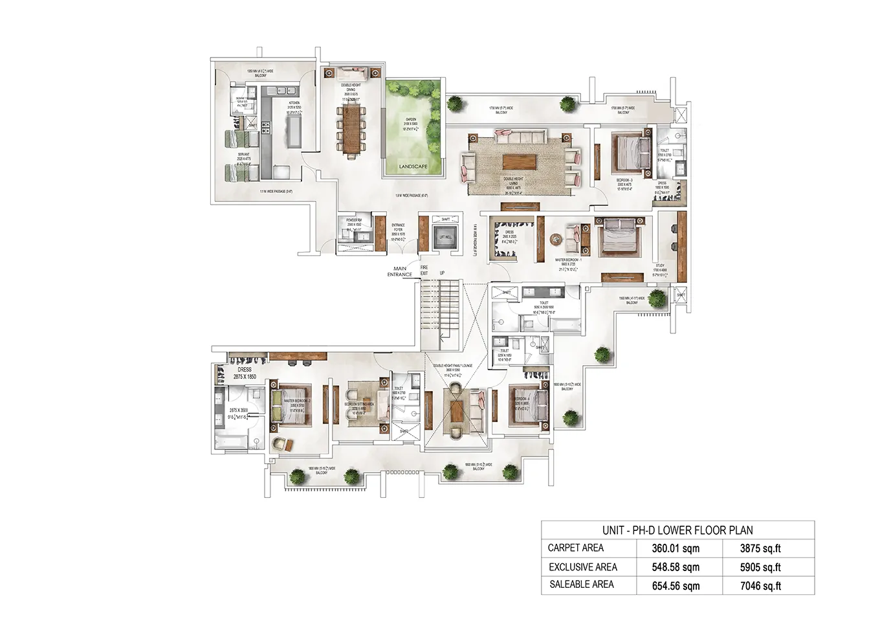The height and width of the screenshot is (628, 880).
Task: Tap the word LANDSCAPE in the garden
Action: tap(413, 166)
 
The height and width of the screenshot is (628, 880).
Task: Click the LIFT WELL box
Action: tap(445, 237)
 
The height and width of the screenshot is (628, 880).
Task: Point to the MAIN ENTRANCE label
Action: tap(400, 271)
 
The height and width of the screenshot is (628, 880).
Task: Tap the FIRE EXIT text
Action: tap(424, 270)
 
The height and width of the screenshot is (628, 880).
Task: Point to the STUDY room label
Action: tap(660, 265)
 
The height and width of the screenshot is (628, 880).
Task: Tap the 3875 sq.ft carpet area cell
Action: tap(760, 548)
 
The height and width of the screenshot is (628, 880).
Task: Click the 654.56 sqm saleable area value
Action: tap(676, 586)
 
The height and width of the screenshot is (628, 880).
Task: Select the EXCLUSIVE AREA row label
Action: tap(582, 567)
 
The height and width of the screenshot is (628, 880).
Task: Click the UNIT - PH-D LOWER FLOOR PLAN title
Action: tap(677, 530)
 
